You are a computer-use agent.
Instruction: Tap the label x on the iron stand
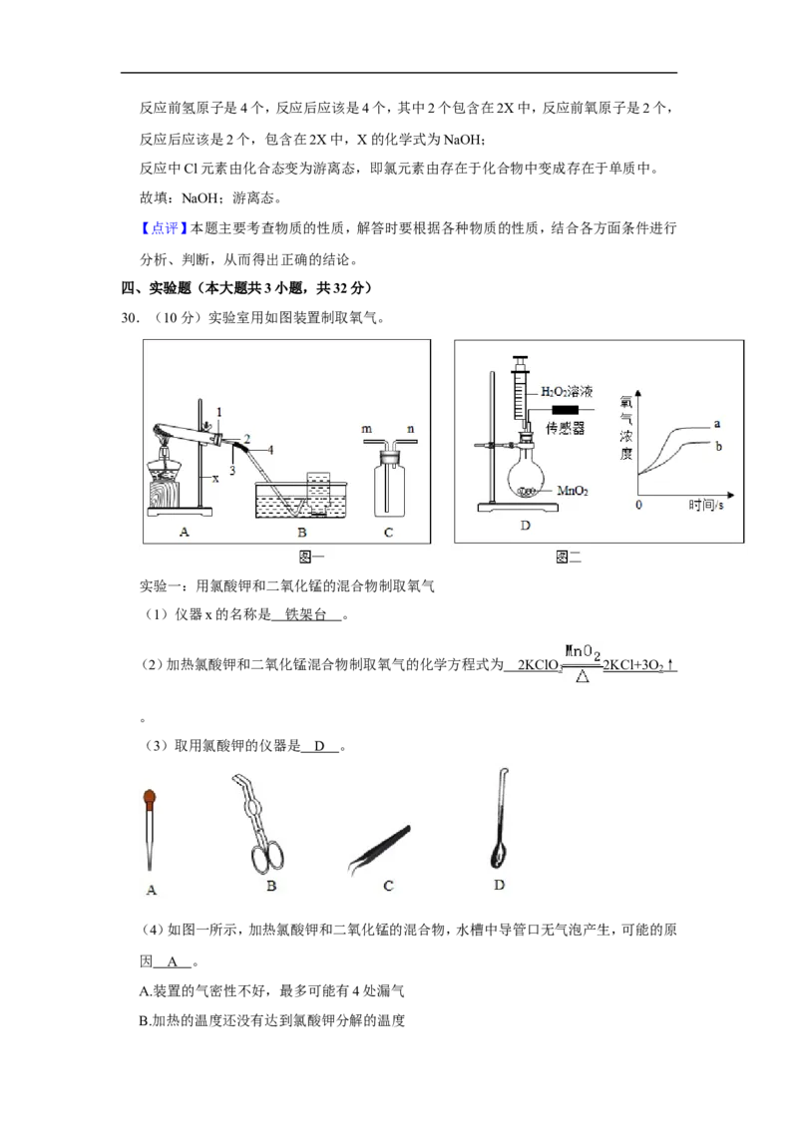pyautogui.click(x=214, y=478)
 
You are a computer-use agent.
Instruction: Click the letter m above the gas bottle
pyautogui.click(x=367, y=429)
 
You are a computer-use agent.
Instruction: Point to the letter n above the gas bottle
pyautogui.click(x=411, y=429)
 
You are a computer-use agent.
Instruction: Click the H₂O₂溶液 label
pyautogui.click(x=567, y=392)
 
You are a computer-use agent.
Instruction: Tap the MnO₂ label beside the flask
pyautogui.click(x=573, y=491)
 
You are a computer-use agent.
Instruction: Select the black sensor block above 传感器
pyautogui.click(x=565, y=410)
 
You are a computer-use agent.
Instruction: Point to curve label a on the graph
pyautogui.click(x=716, y=423)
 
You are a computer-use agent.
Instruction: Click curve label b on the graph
pyautogui.click(x=718, y=447)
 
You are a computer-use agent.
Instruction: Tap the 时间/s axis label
pyautogui.click(x=705, y=506)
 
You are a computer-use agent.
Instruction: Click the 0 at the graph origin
pyautogui.click(x=638, y=506)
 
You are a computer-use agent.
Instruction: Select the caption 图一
pyautogui.click(x=311, y=557)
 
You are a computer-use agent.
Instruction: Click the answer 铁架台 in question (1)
pyautogui.click(x=306, y=614)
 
